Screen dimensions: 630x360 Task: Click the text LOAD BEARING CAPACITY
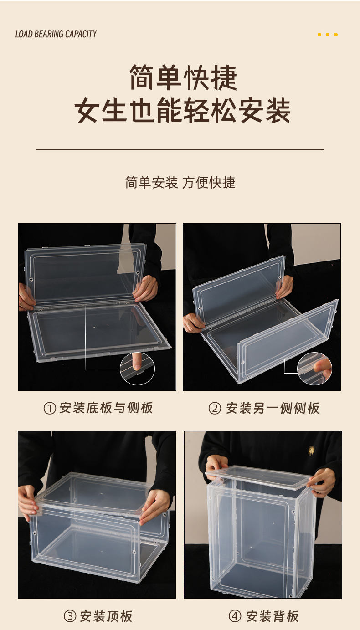point(56,34)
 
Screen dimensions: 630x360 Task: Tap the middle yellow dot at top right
point(327,35)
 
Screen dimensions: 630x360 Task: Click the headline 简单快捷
point(183,78)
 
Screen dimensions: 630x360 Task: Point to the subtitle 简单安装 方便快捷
point(180,183)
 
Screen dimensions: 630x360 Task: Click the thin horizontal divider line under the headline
point(180,149)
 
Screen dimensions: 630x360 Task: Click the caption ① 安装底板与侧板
point(98,408)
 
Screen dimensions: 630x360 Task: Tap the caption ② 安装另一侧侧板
point(264,408)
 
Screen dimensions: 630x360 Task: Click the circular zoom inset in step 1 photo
point(137,369)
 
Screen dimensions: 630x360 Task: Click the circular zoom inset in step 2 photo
point(314,369)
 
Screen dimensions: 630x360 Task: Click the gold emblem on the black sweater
point(311,451)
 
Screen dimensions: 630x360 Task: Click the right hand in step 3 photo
point(155,506)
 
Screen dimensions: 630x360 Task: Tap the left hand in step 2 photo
point(194,323)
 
